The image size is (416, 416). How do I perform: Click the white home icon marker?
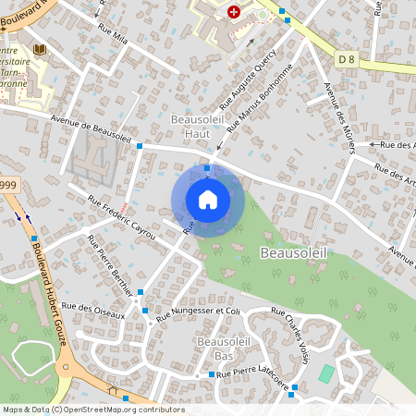point(208,200)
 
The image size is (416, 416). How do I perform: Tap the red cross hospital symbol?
point(234,13)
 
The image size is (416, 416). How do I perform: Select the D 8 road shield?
point(347,60)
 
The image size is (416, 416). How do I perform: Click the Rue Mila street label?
point(112,33)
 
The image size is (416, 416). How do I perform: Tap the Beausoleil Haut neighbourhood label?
point(191,127)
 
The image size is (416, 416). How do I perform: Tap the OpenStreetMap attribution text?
point(92,409)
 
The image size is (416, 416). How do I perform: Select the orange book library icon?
point(38,48)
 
